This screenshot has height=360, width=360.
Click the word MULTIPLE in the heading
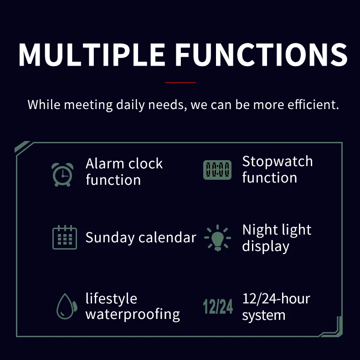[x=92, y=55]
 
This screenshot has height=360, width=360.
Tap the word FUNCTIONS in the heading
[x=262, y=55]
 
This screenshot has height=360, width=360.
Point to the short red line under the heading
[x=180, y=82]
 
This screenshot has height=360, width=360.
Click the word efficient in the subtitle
[x=313, y=104]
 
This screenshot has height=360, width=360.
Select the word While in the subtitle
[x=44, y=104]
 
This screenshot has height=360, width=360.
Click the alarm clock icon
[x=62, y=174]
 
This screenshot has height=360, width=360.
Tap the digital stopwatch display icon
[x=217, y=170]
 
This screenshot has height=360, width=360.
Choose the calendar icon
[x=65, y=237]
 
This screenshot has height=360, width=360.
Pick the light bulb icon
[x=217, y=238]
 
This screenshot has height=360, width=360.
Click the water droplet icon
[x=67, y=306]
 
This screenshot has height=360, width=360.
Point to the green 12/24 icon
[x=218, y=307]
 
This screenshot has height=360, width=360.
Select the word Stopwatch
[x=278, y=161]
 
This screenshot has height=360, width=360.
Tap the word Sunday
[x=110, y=238]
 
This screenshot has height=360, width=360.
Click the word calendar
[x=167, y=237]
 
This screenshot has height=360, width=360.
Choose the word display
[x=266, y=246]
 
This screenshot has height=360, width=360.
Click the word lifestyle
[x=111, y=299]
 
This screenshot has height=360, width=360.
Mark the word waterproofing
[x=133, y=314]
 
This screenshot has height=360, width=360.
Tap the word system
[x=264, y=315]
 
